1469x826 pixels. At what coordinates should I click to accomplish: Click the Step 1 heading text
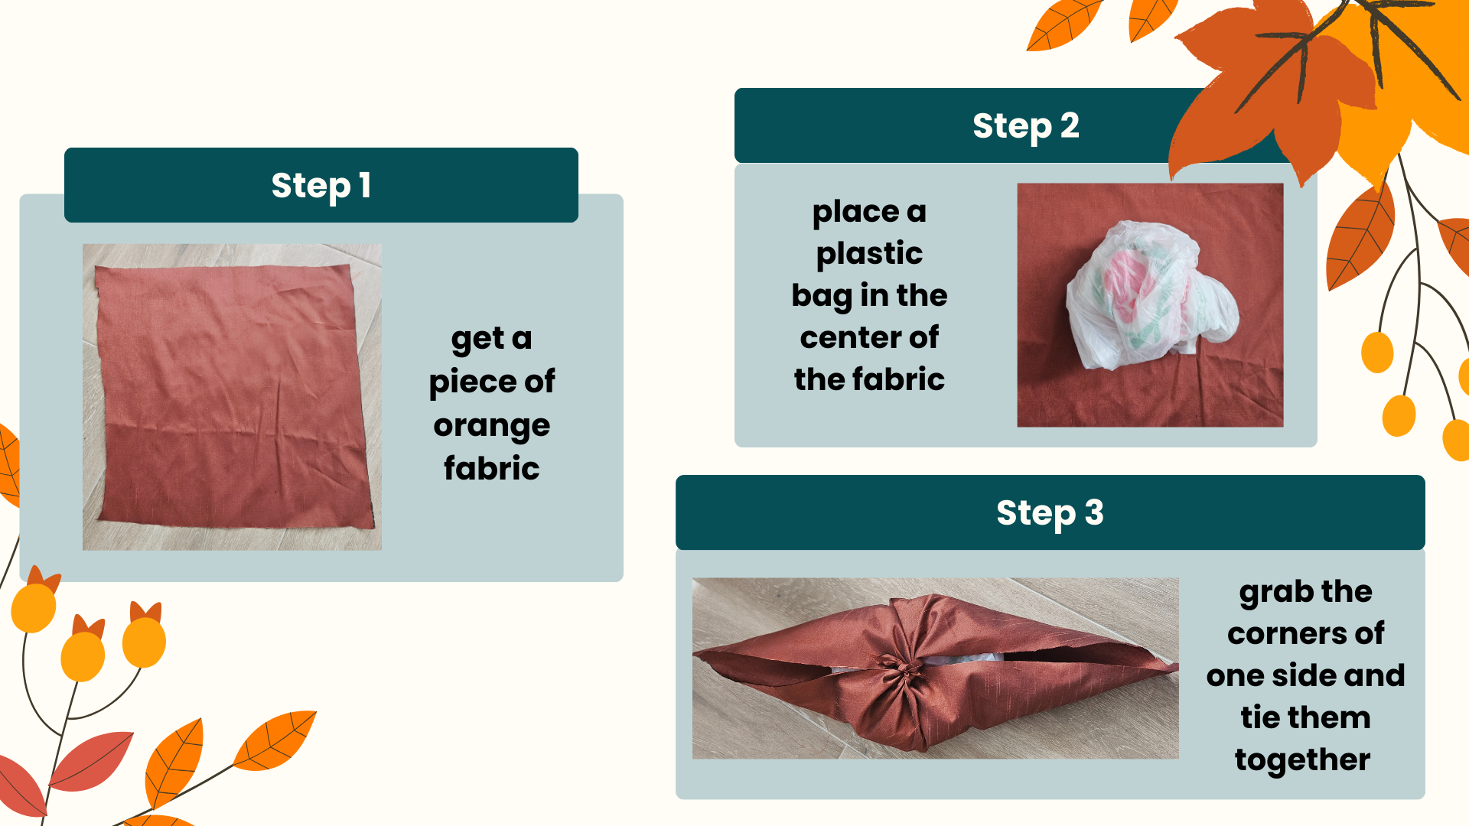point(321,186)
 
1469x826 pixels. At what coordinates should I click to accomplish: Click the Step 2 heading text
point(1026,126)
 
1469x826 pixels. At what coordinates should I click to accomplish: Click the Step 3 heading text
point(1050,513)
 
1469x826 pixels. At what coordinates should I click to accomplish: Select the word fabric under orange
point(492,467)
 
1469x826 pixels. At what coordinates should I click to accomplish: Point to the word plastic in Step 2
point(869,254)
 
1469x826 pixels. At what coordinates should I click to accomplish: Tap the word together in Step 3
point(1302,760)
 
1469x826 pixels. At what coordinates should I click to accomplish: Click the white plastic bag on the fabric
point(1150,294)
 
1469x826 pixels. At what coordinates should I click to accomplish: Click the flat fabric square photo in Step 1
point(232,397)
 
